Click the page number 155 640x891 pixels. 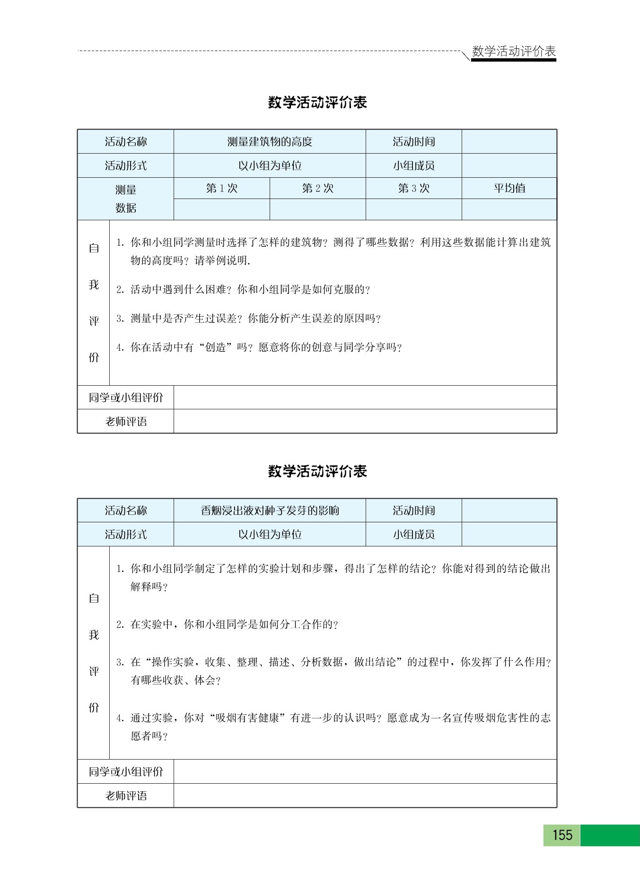pyautogui.click(x=562, y=835)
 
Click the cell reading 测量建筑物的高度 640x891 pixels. pyautogui.click(x=270, y=141)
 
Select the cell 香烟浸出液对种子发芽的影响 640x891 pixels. pyautogui.click(x=270, y=510)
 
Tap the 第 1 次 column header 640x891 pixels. pyautogui.click(x=221, y=188)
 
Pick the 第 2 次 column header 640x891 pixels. pyautogui.click(x=317, y=188)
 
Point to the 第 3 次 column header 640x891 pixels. pyautogui.click(x=413, y=188)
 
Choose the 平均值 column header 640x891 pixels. pyautogui.click(x=509, y=188)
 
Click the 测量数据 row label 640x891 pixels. pyautogui.click(x=125, y=199)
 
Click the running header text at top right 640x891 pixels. pyautogui.click(x=514, y=51)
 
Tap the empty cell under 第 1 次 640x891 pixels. pyautogui.click(x=221, y=209)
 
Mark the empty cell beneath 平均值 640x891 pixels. pyautogui.click(x=509, y=209)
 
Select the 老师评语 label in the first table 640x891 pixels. pyautogui.click(x=126, y=421)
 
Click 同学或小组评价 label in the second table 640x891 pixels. pyautogui.click(x=126, y=771)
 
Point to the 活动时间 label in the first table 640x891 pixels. pyautogui.click(x=413, y=141)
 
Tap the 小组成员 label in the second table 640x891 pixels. pyautogui.click(x=413, y=535)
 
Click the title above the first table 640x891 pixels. pyautogui.click(x=317, y=102)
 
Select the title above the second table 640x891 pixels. pyautogui.click(x=317, y=471)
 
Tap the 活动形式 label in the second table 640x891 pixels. pyautogui.click(x=126, y=535)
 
